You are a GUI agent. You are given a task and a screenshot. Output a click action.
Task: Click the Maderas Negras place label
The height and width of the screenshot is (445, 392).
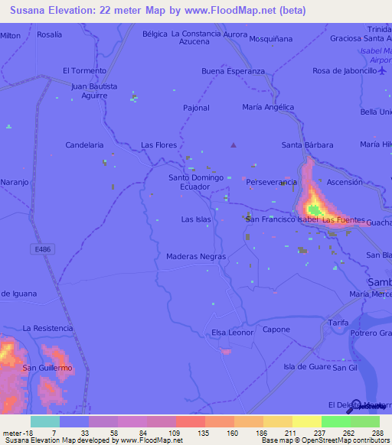pyautogui.click(x=196, y=257)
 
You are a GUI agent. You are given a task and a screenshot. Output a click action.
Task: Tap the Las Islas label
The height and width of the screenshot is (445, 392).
pyautogui.click(x=196, y=219)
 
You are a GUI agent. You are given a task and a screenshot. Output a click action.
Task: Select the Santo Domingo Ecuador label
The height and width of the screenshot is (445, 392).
pyautogui.click(x=196, y=182)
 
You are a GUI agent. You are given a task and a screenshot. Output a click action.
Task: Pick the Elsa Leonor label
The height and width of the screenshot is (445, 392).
pyautogui.click(x=232, y=333)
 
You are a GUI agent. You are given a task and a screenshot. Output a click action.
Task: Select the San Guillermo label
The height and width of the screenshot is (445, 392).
pyautogui.click(x=47, y=368)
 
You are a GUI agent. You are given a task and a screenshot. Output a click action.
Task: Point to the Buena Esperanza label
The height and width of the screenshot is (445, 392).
pyautogui.click(x=233, y=71)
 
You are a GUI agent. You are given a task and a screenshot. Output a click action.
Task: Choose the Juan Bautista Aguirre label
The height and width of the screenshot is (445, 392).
pyautogui.click(x=94, y=92)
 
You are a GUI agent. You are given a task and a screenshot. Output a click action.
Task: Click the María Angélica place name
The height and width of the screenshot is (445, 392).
pyautogui.click(x=268, y=107)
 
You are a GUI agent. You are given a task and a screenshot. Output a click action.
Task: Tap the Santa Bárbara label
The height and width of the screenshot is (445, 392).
pyautogui.click(x=307, y=145)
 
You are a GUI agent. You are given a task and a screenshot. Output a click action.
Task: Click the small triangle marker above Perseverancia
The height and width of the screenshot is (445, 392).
pyautogui.click(x=234, y=145)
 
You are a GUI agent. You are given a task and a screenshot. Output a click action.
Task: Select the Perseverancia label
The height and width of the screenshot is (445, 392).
pyautogui.click(x=271, y=183)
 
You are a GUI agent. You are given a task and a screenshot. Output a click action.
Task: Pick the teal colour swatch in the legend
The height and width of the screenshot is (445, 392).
pyautogui.click(x=44, y=421)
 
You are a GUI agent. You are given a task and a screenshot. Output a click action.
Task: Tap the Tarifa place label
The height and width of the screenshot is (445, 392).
pyautogui.click(x=338, y=323)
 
